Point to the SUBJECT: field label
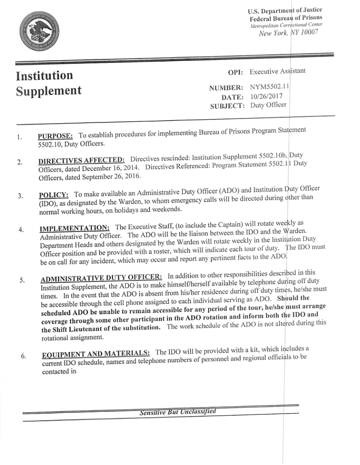click(227, 106)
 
